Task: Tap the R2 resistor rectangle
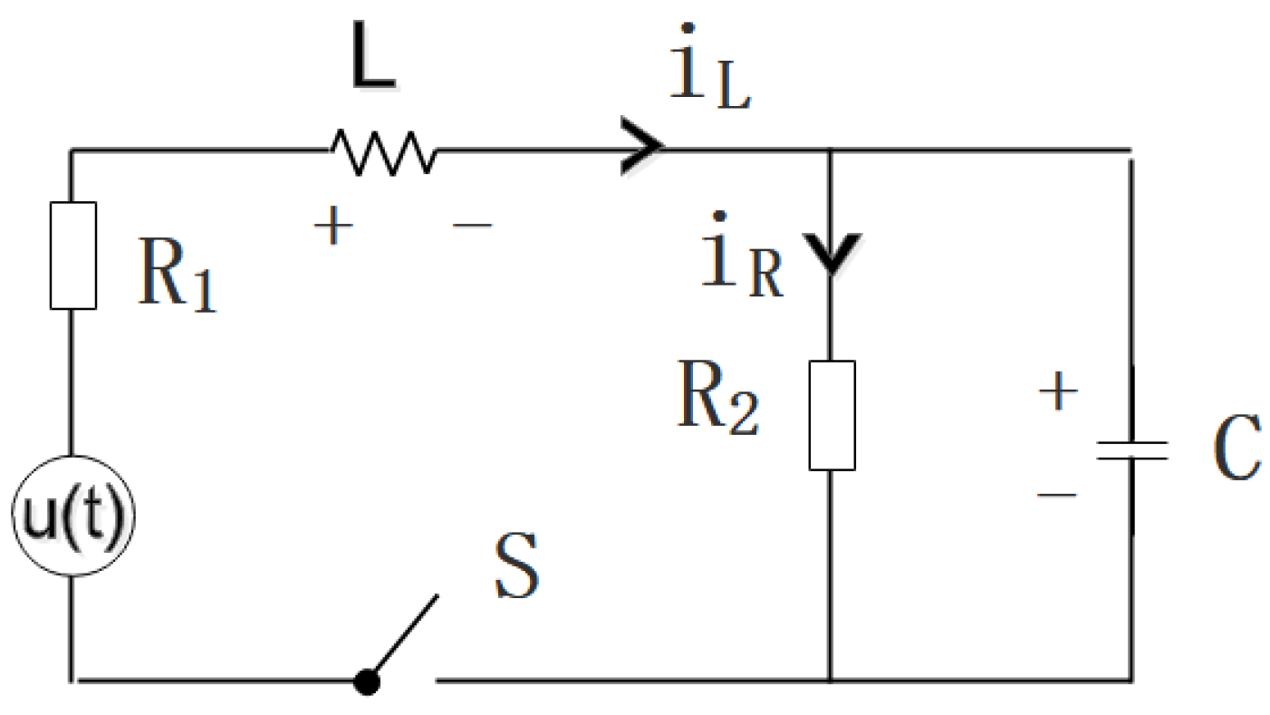[832, 415]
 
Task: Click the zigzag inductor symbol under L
[384, 151]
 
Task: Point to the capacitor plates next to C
[1131, 451]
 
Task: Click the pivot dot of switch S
[366, 682]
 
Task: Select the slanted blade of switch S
[404, 634]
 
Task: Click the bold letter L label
[374, 64]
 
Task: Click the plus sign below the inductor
[332, 227]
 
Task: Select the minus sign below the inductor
[473, 223]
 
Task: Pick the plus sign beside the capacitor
[1058, 394]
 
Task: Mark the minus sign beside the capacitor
[1056, 495]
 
